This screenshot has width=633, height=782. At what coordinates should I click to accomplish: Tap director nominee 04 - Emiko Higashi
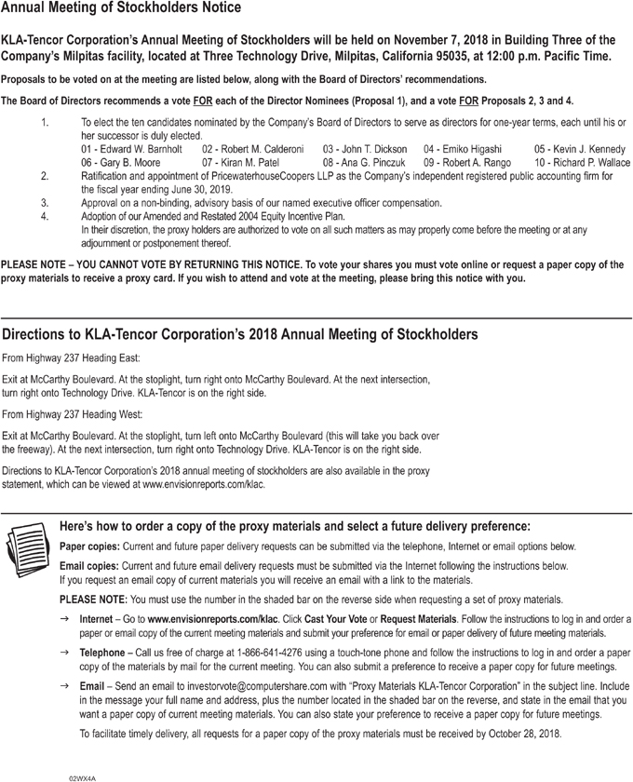click(x=463, y=149)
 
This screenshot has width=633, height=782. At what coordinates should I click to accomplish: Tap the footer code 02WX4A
click(x=82, y=775)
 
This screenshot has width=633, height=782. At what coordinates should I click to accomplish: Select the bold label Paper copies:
click(x=88, y=546)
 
